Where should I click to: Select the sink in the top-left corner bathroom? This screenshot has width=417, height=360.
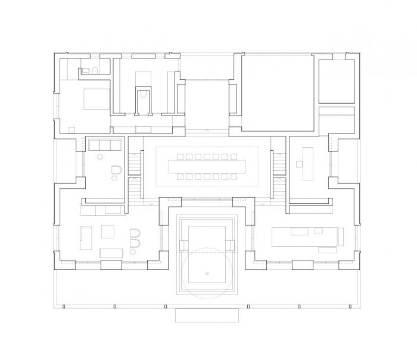[x=94, y=71]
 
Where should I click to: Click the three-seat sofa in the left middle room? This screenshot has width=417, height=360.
[x=104, y=144]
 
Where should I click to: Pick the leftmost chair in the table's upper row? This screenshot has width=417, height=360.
[x=180, y=157]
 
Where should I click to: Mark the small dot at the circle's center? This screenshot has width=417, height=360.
[x=207, y=273]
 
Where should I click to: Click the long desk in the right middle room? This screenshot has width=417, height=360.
[x=307, y=163]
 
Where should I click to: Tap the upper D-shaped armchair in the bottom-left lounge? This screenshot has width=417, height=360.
[x=135, y=232]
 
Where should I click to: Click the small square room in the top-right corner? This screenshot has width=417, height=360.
[x=337, y=80]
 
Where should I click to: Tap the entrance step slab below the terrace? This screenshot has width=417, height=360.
[x=207, y=315]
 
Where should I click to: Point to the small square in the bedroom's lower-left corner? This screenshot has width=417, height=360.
[x=71, y=129]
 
